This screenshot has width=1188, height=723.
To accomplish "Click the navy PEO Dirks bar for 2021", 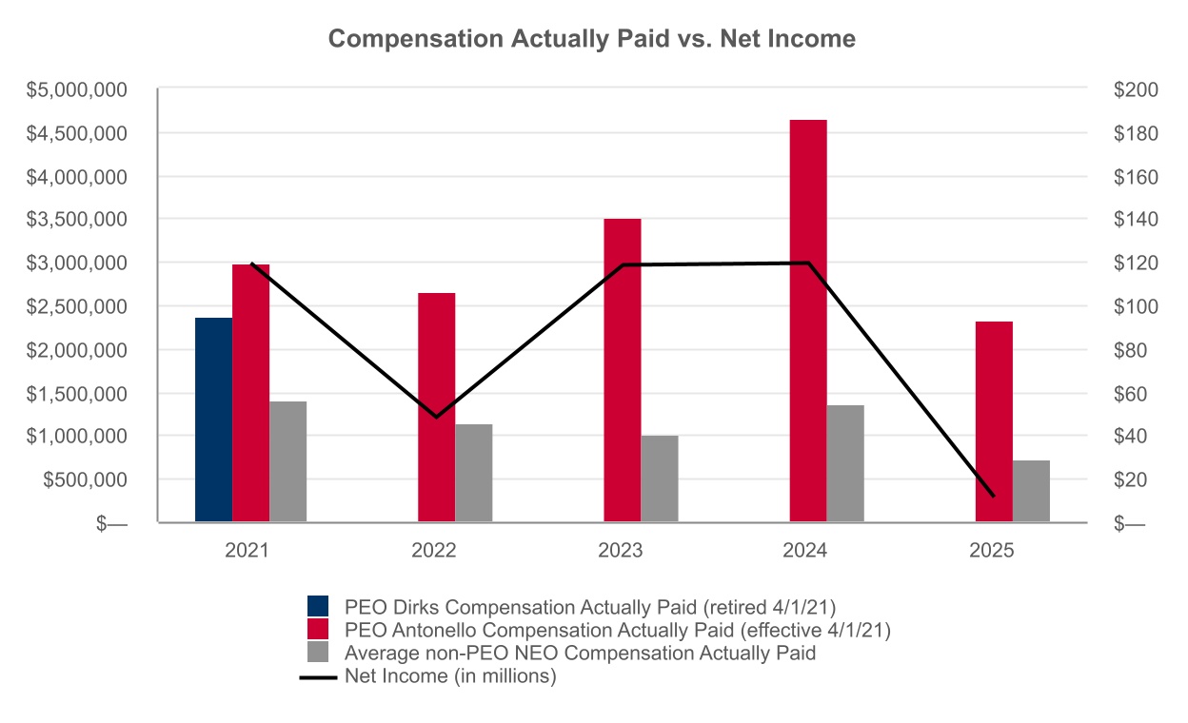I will point(213,420).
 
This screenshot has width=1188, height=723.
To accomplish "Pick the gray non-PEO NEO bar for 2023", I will point(659,479).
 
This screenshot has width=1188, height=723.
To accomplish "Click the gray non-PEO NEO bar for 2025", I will point(1031,491).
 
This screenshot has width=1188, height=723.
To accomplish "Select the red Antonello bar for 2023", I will point(623,370).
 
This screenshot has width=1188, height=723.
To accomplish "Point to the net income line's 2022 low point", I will point(436,417).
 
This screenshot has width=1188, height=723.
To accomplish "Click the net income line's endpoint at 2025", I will point(993,496).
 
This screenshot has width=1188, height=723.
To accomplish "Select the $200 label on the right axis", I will point(1134,90).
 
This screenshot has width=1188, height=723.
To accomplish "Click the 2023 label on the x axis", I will point(622,551).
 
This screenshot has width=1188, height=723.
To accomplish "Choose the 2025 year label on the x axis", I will point(993,551).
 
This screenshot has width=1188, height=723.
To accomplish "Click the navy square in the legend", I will point(318,606).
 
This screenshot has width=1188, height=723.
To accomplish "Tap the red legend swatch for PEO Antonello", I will point(318,629).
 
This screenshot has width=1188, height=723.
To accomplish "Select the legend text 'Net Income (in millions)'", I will point(450,676).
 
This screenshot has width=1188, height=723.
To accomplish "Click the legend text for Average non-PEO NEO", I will point(580,654).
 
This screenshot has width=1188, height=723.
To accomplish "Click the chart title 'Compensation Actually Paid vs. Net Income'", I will point(592,39).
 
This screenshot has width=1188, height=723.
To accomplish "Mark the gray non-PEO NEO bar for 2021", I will point(287,461).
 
